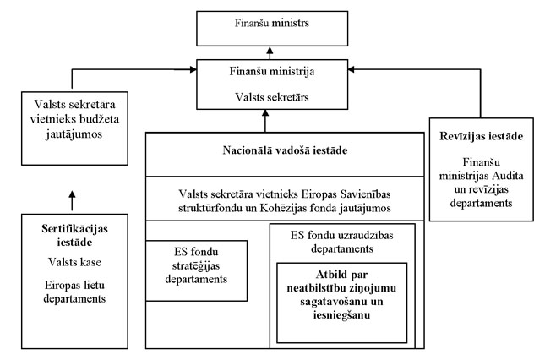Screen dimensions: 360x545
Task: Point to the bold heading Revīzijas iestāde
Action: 479,136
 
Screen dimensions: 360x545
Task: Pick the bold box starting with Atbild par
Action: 341,302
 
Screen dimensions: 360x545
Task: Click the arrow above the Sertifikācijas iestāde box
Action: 72,201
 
